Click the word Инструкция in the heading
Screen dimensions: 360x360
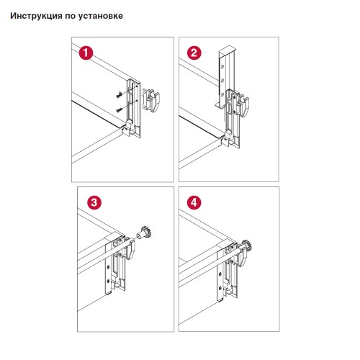click(36, 16)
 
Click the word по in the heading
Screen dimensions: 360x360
click(70, 17)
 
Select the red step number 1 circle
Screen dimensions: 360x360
click(86, 53)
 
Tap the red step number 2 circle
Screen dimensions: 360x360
click(194, 53)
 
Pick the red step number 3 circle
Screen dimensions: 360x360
click(94, 202)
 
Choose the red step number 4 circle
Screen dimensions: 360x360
click(194, 202)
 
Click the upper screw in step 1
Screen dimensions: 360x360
click(120, 95)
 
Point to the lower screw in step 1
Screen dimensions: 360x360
click(120, 110)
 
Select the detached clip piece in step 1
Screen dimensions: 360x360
click(151, 100)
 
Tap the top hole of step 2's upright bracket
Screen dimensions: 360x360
click(222, 66)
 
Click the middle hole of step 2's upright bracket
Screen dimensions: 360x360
click(222, 81)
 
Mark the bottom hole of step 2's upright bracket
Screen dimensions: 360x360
click(222, 95)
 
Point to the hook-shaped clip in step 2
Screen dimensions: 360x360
click(243, 106)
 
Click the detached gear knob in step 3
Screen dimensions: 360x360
click(145, 233)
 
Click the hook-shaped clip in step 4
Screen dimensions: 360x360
click(243, 256)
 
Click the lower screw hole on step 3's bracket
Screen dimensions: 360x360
click(108, 280)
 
